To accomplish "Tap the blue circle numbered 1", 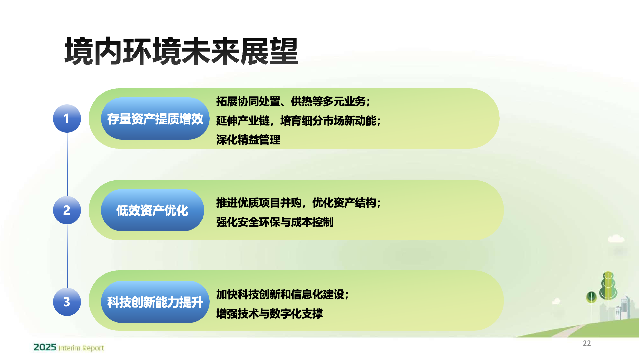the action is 67,118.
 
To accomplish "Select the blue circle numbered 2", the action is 67,210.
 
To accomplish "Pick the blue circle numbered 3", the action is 67,302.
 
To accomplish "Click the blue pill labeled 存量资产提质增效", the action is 155,118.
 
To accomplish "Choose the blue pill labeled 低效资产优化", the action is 152,210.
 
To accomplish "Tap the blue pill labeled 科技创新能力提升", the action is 155,302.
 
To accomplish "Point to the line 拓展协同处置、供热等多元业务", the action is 293,101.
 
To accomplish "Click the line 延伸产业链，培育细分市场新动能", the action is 299,121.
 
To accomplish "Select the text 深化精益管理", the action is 248,140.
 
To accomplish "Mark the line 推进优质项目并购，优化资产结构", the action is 299,203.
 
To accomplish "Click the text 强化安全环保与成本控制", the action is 275,222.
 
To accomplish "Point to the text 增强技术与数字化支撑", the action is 269,314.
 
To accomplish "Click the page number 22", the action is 587,343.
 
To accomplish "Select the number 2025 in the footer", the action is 45,347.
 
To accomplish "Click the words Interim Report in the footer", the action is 81,348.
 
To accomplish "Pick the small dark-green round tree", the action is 591,297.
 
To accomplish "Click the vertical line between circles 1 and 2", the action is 67,164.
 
